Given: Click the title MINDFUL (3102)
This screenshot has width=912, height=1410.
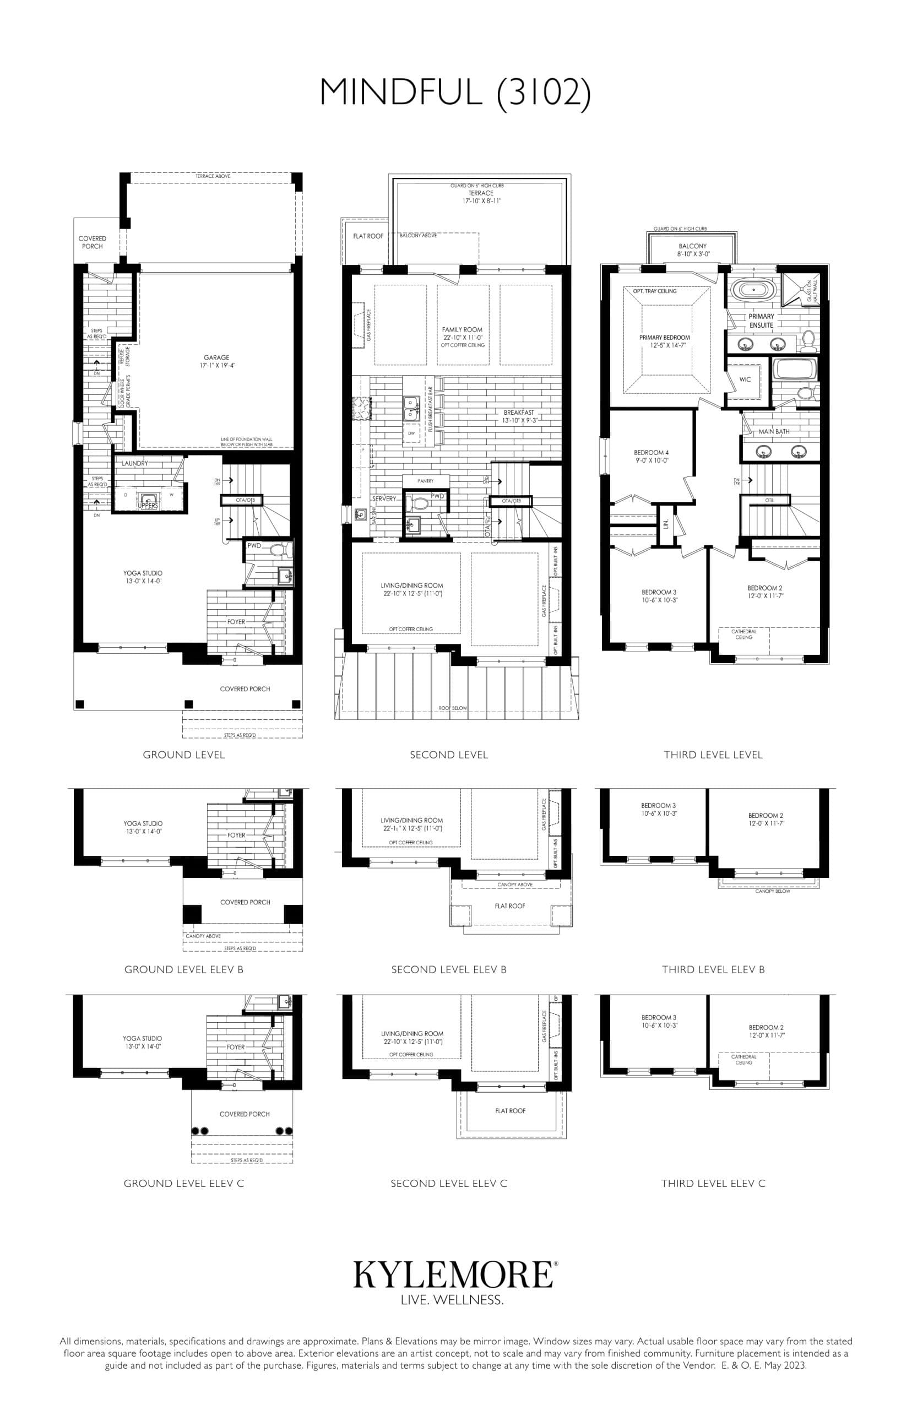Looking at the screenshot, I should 455,93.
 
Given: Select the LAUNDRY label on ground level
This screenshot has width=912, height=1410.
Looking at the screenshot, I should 135,463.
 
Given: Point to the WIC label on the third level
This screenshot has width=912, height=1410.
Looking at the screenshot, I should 745,379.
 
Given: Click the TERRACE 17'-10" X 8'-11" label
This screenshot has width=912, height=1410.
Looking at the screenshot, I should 480,197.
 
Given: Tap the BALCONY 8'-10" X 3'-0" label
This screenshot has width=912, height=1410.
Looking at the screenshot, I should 692,250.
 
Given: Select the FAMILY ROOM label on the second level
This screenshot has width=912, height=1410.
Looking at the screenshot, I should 462,330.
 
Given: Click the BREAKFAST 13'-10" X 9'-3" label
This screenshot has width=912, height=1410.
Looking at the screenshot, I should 518,416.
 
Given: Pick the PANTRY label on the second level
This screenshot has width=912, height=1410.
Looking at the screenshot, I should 425,481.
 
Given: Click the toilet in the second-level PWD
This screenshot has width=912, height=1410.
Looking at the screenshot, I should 420,503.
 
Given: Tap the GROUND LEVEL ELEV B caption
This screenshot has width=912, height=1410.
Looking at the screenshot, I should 183,969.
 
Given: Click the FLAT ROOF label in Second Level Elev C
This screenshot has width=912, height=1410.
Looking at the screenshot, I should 510,1110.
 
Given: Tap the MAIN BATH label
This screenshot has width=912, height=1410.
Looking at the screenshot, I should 773,431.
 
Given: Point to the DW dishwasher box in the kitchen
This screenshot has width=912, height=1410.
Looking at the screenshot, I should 411,433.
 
